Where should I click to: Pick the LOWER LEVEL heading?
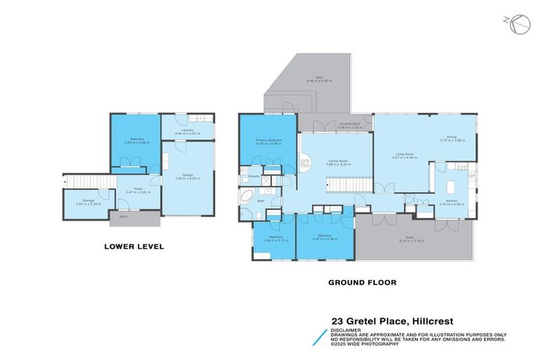pos(134,247)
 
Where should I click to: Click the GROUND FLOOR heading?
pos(362,282)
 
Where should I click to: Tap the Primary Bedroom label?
pos(269,141)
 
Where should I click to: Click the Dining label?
pos(451,138)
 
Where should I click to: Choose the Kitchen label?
pos(451,202)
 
